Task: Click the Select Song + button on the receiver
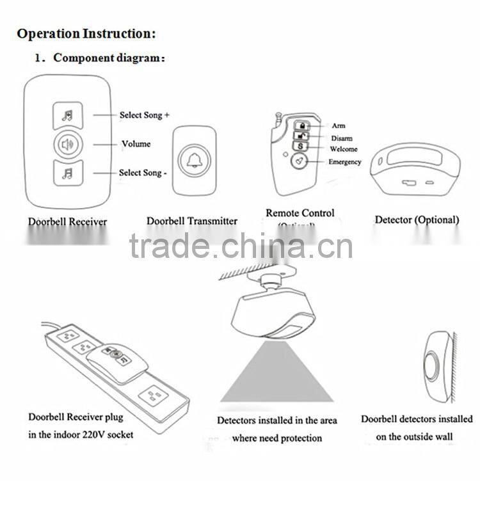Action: tap(67, 116)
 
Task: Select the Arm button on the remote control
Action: tap(301, 125)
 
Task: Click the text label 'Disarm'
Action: tap(341, 138)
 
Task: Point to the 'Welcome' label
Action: tap(344, 149)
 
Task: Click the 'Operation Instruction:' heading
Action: tap(86, 33)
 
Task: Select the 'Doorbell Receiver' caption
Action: tap(67, 222)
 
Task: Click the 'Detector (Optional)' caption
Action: tap(417, 220)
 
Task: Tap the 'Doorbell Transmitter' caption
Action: tap(192, 221)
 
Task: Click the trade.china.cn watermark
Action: tap(241, 246)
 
